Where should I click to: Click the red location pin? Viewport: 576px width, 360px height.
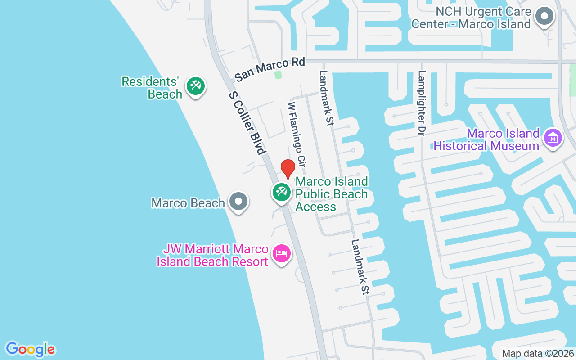[x=288, y=168]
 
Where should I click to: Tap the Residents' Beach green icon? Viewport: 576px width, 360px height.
[x=195, y=85]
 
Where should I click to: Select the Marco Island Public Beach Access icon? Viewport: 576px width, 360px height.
[x=282, y=192]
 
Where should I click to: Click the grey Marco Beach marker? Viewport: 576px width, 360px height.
[x=238, y=202]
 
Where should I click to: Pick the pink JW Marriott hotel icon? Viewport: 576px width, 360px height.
[x=282, y=253]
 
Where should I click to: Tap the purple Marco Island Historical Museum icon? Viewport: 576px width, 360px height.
[x=553, y=138]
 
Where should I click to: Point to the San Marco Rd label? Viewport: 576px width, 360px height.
[x=270, y=69]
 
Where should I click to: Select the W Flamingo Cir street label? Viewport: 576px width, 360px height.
[x=297, y=134]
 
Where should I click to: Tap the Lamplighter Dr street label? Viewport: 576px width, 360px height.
[x=422, y=103]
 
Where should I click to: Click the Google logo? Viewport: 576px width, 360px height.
[x=31, y=349]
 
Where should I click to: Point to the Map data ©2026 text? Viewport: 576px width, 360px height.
[x=538, y=353]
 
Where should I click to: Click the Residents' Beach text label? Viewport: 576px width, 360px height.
[x=151, y=88]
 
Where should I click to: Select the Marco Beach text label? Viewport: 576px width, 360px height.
[x=188, y=203]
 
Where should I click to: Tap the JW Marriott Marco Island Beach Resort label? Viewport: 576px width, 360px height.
[x=212, y=255]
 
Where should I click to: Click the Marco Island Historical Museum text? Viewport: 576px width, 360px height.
[x=486, y=139]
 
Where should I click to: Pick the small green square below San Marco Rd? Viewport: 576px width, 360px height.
[x=278, y=75]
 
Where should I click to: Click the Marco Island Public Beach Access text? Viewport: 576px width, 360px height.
[x=332, y=194]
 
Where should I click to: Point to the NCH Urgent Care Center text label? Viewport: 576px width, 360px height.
[x=471, y=18]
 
